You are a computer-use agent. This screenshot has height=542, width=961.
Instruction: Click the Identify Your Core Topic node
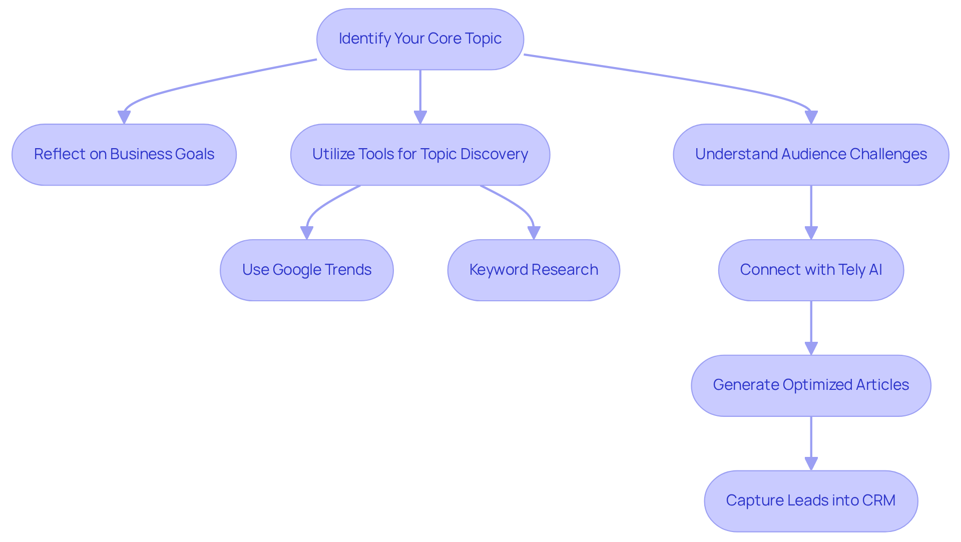coord(420,39)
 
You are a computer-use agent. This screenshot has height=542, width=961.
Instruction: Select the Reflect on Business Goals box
coord(124,154)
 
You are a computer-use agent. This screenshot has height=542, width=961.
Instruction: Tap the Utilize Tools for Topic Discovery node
coord(420,154)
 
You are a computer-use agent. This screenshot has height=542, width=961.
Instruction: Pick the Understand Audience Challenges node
coord(811,154)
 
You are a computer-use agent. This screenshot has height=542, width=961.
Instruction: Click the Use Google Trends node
coord(306,270)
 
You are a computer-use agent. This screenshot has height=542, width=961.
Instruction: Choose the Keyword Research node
coord(534,270)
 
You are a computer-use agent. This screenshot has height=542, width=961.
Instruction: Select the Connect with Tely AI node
coord(811,270)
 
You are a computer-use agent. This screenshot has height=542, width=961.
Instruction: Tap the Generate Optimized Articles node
coord(811,385)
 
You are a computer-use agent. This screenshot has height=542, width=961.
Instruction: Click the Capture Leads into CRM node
coord(811,500)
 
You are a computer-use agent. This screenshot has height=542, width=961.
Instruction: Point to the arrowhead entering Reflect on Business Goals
coord(124,117)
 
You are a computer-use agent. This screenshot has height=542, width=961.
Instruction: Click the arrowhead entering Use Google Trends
coord(307,233)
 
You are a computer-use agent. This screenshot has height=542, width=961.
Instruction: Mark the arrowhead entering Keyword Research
coord(534,233)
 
